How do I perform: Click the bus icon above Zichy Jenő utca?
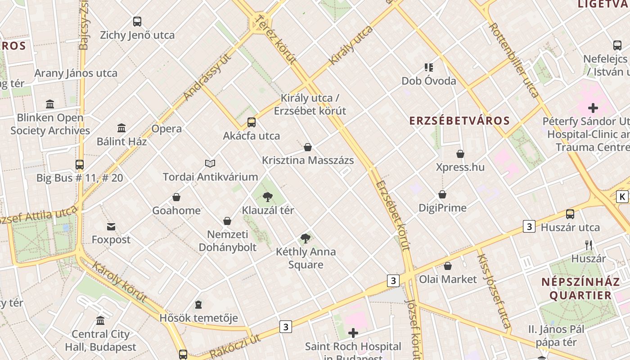click(137, 21)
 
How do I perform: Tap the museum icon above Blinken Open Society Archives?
click(50, 104)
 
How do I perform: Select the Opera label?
click(166, 129)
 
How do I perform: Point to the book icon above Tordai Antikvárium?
click(210, 163)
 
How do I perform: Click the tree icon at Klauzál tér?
click(268, 197)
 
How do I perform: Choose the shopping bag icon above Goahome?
click(176, 197)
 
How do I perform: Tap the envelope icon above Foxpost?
click(111, 226)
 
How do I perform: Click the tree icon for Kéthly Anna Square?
click(306, 238)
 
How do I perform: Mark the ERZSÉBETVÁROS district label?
click(459, 121)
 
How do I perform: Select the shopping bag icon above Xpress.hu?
click(460, 154)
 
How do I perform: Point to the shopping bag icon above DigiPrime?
click(442, 194)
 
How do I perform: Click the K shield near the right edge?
click(622, 197)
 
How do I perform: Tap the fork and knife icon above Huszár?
click(588, 245)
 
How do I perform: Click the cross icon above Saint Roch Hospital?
click(353, 333)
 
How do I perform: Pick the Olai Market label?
click(448, 279)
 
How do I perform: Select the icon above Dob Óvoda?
click(429, 67)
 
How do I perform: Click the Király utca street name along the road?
click(351, 45)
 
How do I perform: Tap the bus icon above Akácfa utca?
click(252, 122)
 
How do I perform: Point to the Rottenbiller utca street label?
click(514, 60)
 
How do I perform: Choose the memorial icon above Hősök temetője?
click(198, 305)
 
